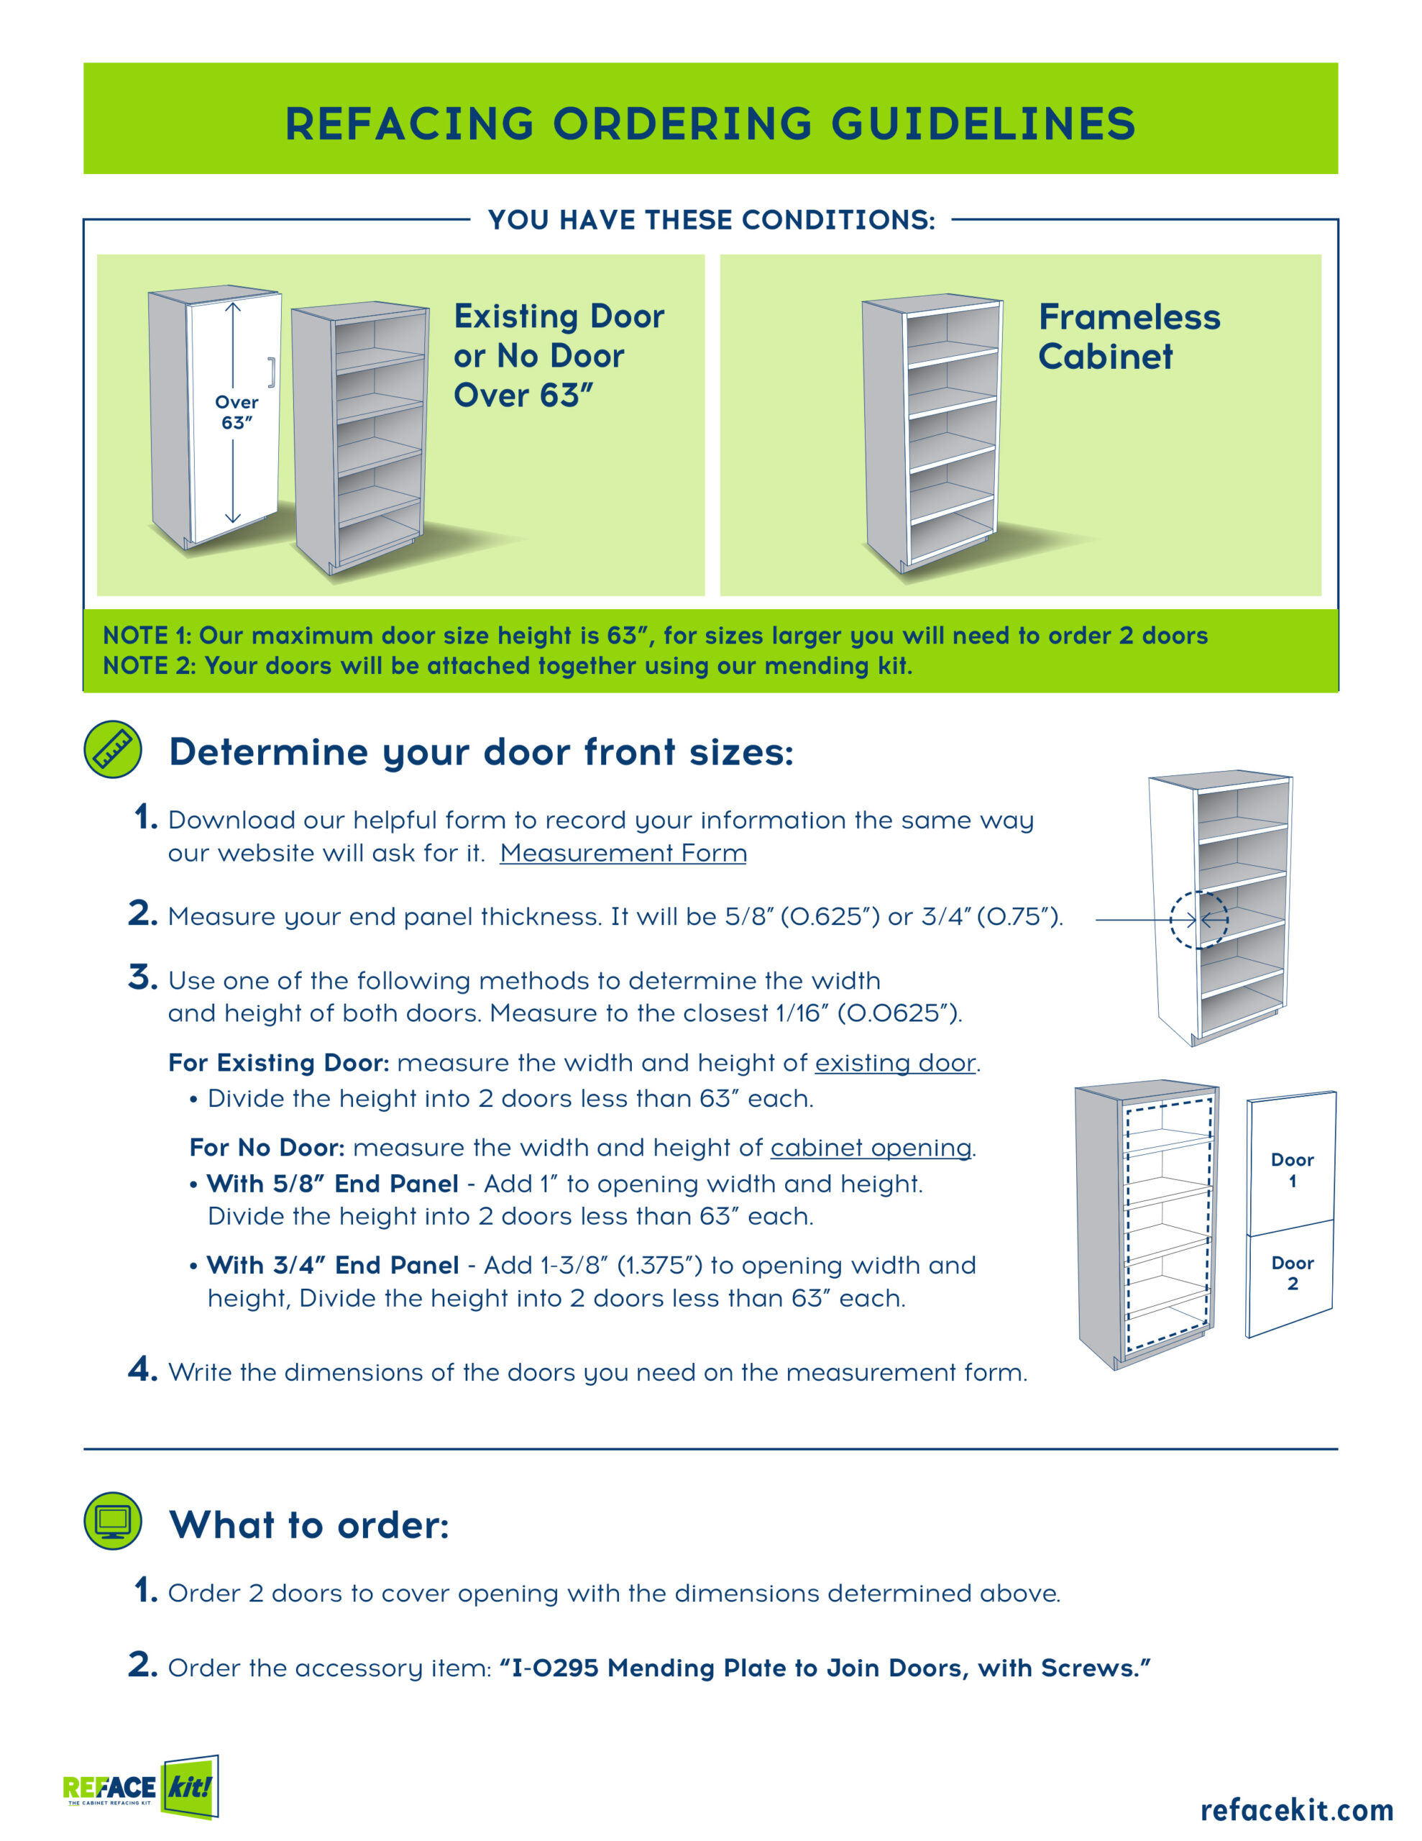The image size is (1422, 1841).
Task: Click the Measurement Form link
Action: click(x=623, y=853)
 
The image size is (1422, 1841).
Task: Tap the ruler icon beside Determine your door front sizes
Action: click(x=113, y=749)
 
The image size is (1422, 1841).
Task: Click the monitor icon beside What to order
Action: click(x=113, y=1521)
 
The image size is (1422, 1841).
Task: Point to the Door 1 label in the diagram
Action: click(x=1291, y=1169)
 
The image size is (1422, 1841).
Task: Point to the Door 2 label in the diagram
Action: click(x=1291, y=1273)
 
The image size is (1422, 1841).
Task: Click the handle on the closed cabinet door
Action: click(x=272, y=373)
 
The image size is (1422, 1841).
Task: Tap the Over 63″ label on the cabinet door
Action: click(x=236, y=412)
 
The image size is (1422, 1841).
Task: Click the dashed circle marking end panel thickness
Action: click(x=1198, y=920)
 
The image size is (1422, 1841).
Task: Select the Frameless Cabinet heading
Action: click(x=1128, y=337)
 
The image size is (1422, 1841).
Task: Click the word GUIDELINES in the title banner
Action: click(x=983, y=123)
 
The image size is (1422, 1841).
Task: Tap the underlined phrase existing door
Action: click(x=894, y=1063)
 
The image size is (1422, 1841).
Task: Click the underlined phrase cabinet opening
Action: click(x=871, y=1148)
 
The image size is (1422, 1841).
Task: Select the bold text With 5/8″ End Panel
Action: click(x=332, y=1184)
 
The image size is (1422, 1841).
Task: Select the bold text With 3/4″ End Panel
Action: click(x=332, y=1265)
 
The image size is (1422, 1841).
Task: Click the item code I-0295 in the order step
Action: click(x=555, y=1668)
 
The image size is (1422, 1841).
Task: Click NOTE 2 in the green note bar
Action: click(x=148, y=666)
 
